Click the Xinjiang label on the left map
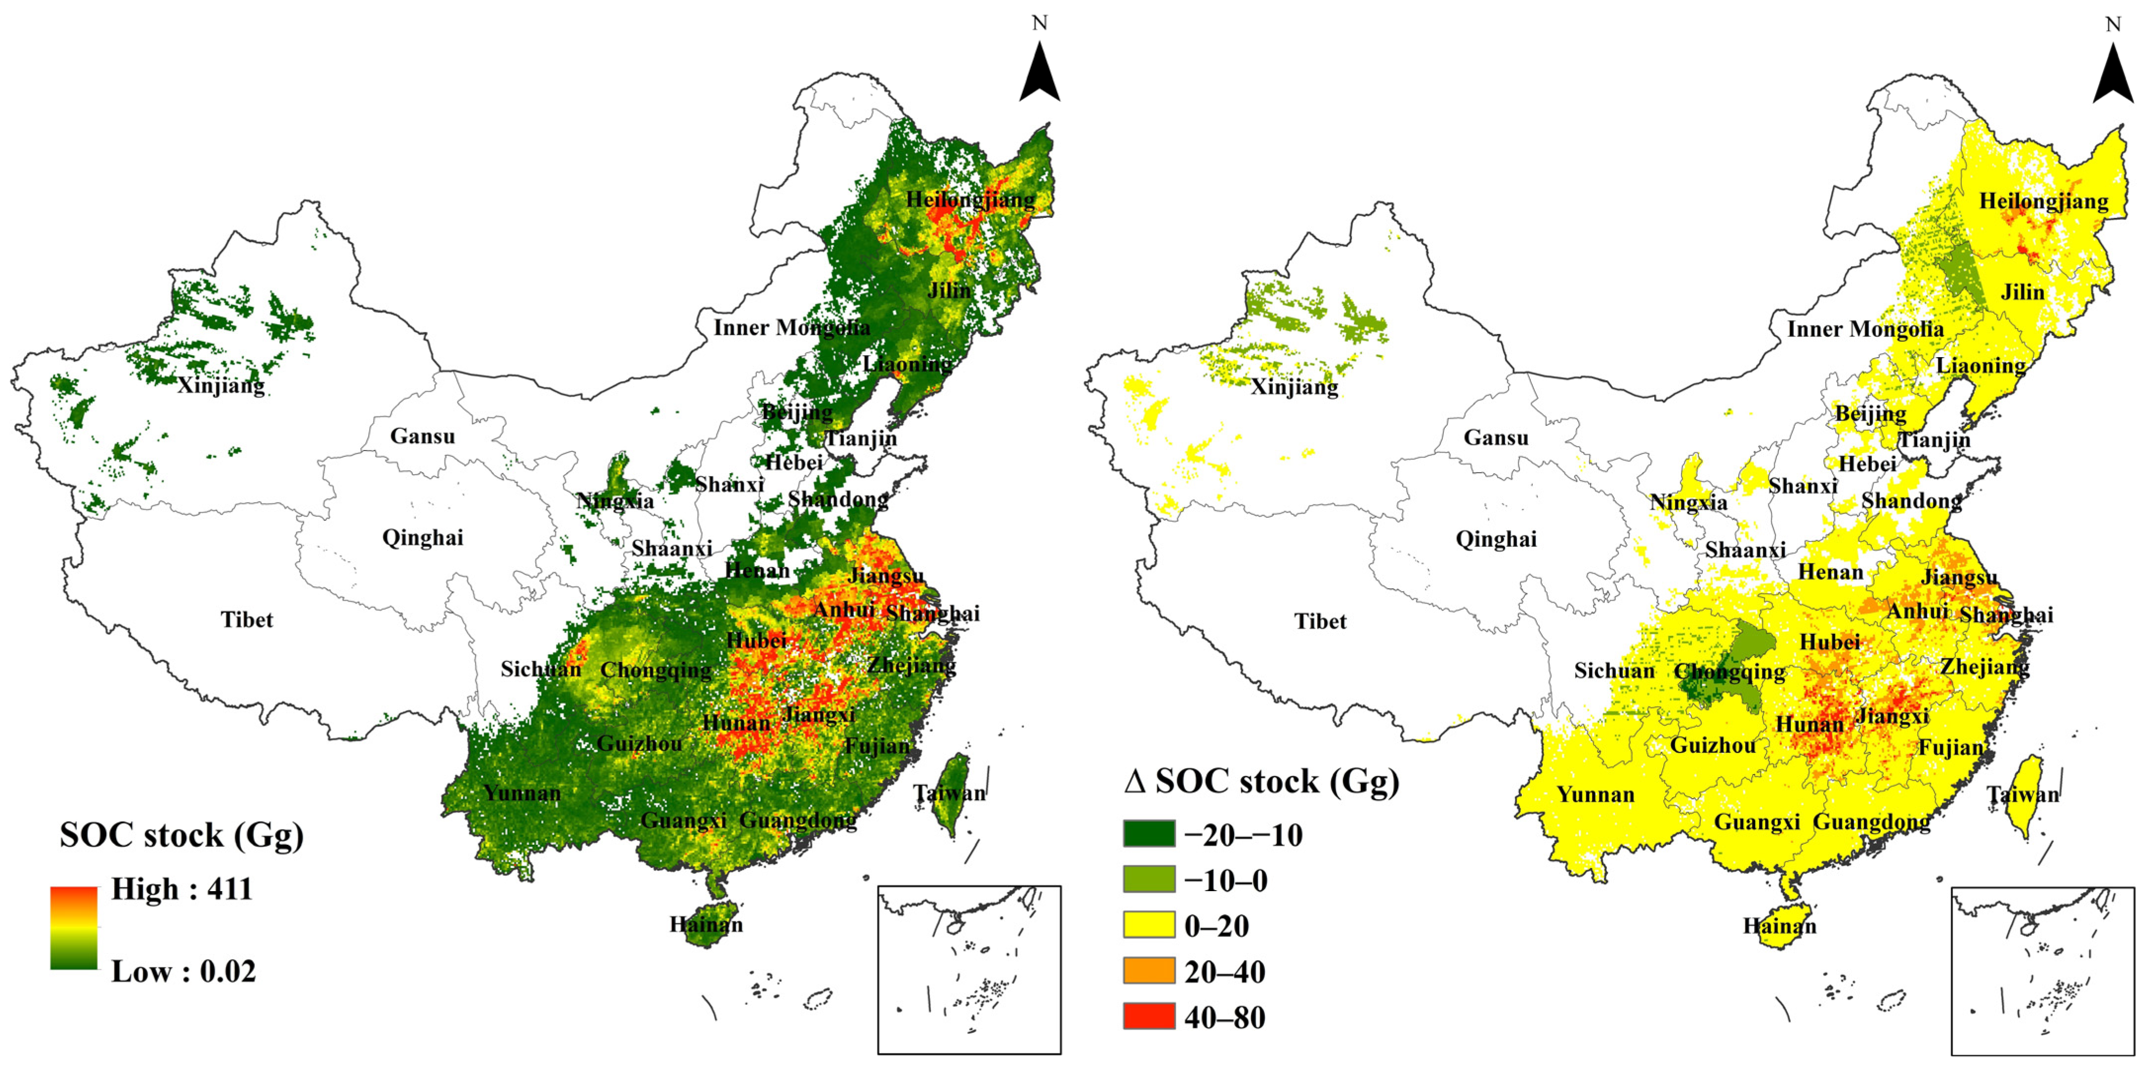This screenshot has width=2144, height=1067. [x=221, y=385]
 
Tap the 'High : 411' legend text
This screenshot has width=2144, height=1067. [x=181, y=889]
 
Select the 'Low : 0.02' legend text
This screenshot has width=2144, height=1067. [x=183, y=971]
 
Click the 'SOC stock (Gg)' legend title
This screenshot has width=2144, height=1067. [x=181, y=835]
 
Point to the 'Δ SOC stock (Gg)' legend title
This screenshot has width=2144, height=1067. [x=1261, y=781]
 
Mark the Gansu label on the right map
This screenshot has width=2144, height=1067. [x=1496, y=438]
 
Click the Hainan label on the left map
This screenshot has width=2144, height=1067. [x=706, y=924]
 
